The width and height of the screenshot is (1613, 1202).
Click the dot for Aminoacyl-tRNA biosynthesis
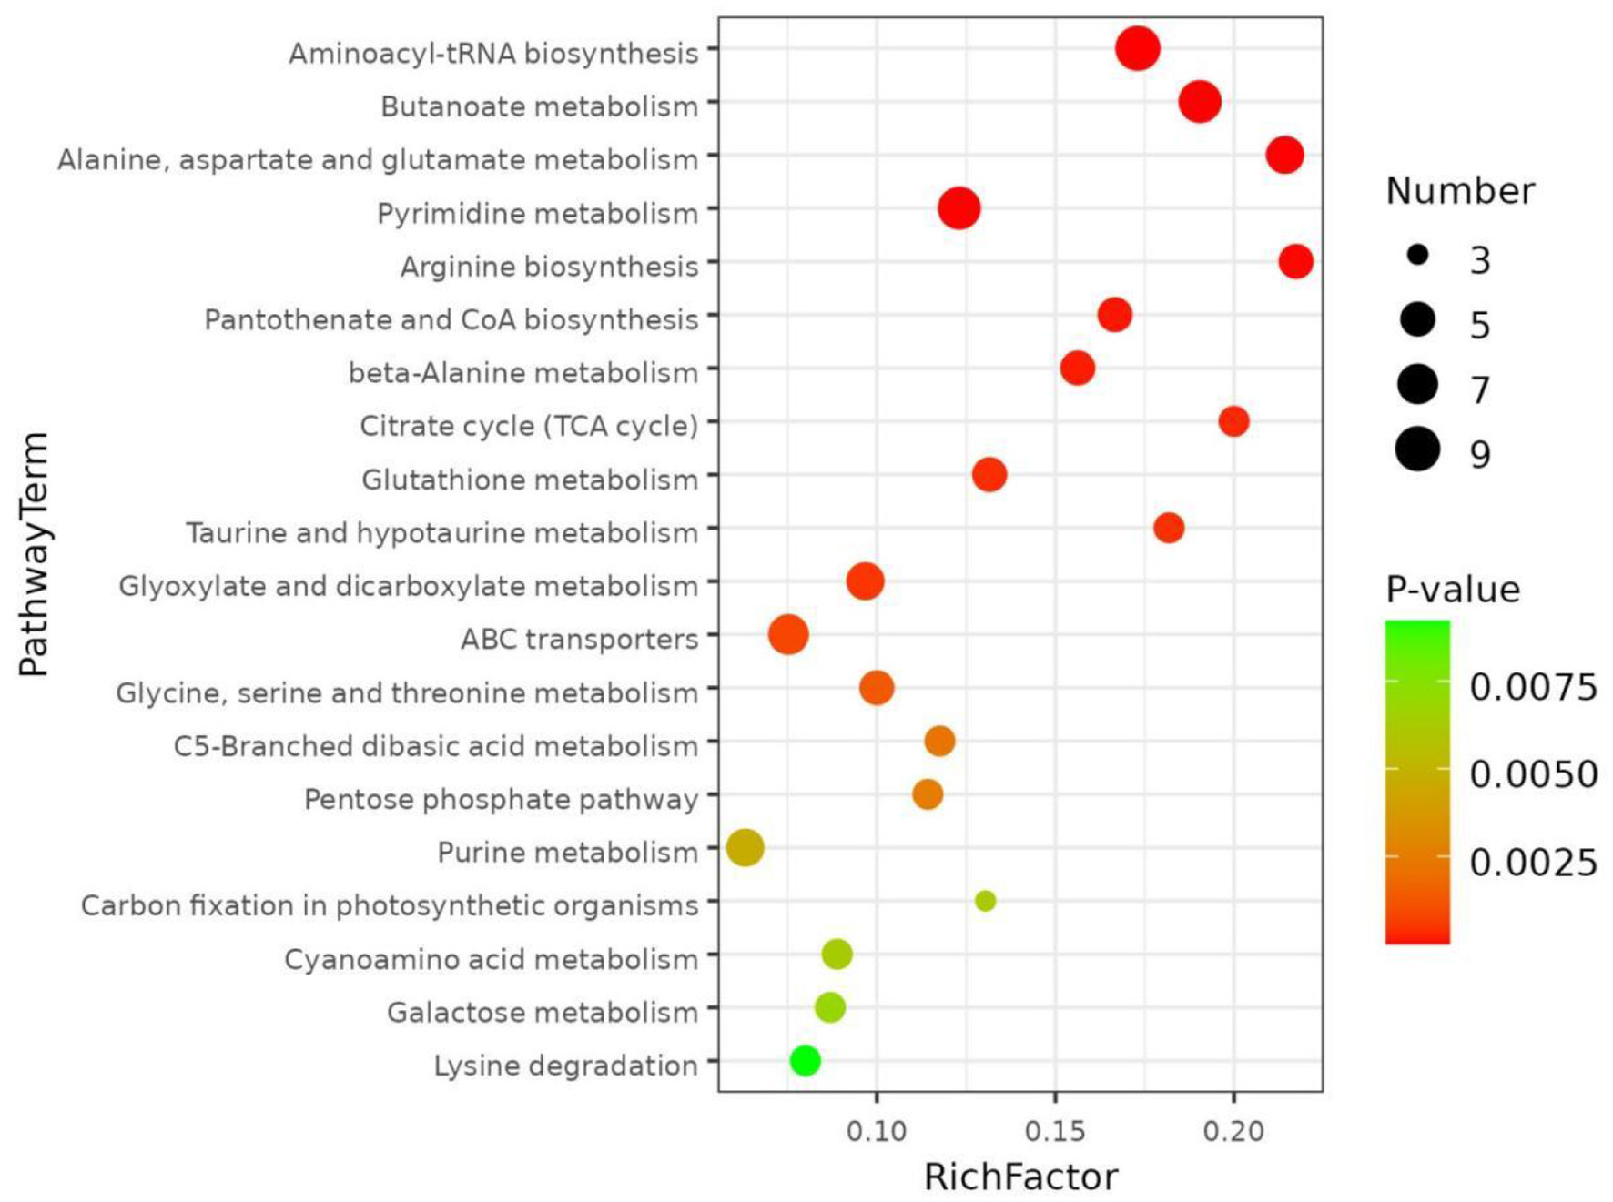(x=1137, y=48)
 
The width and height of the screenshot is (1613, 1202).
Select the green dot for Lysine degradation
(x=805, y=1060)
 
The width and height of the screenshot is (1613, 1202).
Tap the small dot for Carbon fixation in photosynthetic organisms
(x=985, y=901)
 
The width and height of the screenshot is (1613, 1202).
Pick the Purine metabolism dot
(x=745, y=848)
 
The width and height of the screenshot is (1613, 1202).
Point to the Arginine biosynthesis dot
(x=1295, y=262)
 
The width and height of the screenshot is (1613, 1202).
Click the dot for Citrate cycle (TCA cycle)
(x=1233, y=421)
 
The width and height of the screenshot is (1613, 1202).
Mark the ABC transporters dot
(x=788, y=634)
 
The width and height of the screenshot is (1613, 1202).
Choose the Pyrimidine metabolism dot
(x=959, y=208)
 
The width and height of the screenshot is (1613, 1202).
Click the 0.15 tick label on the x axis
(x=1055, y=1131)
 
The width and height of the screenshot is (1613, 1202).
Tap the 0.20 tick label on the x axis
(x=1233, y=1131)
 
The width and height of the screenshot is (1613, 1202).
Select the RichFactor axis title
(x=1020, y=1177)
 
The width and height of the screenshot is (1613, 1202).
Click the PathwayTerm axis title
(x=35, y=554)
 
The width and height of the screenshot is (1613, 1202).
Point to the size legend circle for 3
(x=1417, y=256)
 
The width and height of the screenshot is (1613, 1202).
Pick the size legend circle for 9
(x=1417, y=449)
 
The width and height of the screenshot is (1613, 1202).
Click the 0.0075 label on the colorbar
(x=1533, y=687)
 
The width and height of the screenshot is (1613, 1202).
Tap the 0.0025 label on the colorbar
(x=1533, y=862)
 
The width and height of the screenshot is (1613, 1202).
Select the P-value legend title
(x=1452, y=590)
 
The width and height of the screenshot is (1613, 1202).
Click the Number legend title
(x=1459, y=191)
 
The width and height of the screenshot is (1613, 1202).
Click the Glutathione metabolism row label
(x=530, y=480)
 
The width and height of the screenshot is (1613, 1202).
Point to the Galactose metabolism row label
(x=543, y=1012)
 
